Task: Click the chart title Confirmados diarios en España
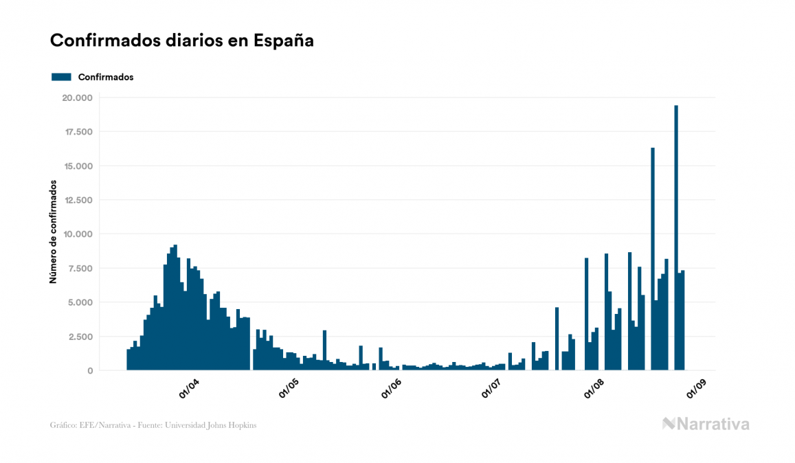(x=182, y=41)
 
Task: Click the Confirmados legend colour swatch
(x=61, y=77)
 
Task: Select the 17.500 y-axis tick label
(x=77, y=132)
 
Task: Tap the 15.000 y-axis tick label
(x=77, y=166)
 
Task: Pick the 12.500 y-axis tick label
(x=77, y=200)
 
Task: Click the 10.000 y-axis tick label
(x=77, y=234)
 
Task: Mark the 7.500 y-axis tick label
(x=80, y=268)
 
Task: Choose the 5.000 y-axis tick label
(x=80, y=302)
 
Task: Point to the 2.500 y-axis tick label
(x=80, y=337)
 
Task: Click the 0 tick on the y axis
(x=89, y=371)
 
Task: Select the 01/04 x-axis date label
(x=189, y=387)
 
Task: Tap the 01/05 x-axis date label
(x=289, y=387)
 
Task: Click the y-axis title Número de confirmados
(x=53, y=232)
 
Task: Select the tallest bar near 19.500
(x=676, y=237)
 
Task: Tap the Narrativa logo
(x=706, y=424)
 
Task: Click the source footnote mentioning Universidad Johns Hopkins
(x=153, y=425)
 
